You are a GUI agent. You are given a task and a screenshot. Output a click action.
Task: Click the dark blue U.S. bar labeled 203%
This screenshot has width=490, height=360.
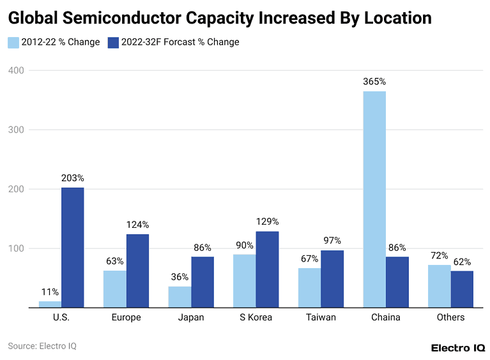point(72,247)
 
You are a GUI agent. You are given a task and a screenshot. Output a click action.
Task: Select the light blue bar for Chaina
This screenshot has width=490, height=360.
point(374,199)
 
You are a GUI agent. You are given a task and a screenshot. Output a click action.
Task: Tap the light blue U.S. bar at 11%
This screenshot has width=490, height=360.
point(50,304)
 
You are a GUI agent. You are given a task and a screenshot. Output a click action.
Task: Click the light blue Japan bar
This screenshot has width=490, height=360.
point(180,297)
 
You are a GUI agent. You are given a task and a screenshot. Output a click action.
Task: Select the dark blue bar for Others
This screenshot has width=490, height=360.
point(462,289)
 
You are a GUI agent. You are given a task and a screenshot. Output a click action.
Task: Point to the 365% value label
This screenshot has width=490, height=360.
point(374,82)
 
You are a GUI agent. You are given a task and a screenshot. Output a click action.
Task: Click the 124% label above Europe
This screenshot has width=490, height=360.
point(137,225)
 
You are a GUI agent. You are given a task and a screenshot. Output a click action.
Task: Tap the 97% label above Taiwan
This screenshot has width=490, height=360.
point(332,241)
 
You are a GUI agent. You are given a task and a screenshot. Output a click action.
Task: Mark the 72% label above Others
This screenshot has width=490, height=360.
point(440,255)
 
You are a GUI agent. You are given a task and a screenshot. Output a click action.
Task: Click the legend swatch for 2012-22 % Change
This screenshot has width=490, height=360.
point(13,43)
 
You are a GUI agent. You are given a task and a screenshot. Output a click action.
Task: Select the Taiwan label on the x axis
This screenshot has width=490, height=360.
point(321,317)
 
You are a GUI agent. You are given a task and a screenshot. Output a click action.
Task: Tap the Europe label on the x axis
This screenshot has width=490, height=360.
point(126,317)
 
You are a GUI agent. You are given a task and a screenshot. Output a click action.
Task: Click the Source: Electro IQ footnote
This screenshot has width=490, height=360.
point(42,346)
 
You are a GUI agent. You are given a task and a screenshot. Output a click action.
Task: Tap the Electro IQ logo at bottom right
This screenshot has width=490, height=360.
point(457,348)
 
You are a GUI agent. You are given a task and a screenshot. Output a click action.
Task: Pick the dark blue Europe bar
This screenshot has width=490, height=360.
point(137,271)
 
